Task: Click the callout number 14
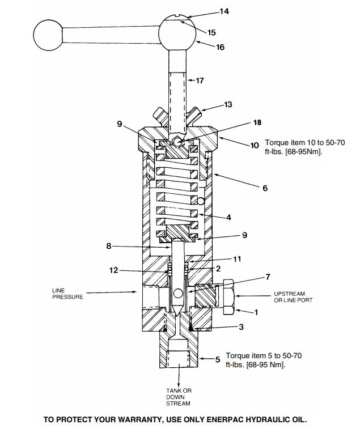pyautogui.click(x=224, y=11)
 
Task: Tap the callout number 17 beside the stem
pyautogui.click(x=200, y=80)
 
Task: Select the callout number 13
pyautogui.click(x=228, y=104)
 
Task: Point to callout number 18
pyautogui.click(x=257, y=122)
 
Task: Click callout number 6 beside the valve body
pyautogui.click(x=265, y=188)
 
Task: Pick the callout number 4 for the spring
pyautogui.click(x=228, y=217)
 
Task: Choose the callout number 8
pyautogui.click(x=109, y=246)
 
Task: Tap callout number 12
pyautogui.click(x=113, y=270)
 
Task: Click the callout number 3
pyautogui.click(x=241, y=327)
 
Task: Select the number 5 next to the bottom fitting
pyautogui.click(x=218, y=359)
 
